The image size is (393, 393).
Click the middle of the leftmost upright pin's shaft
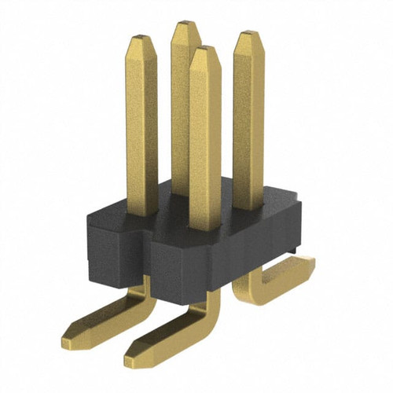[x=142, y=126]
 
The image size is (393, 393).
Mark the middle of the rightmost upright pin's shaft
[x=248, y=118]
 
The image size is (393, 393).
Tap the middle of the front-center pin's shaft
[x=205, y=141]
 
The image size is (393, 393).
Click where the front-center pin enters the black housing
[x=205, y=228]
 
